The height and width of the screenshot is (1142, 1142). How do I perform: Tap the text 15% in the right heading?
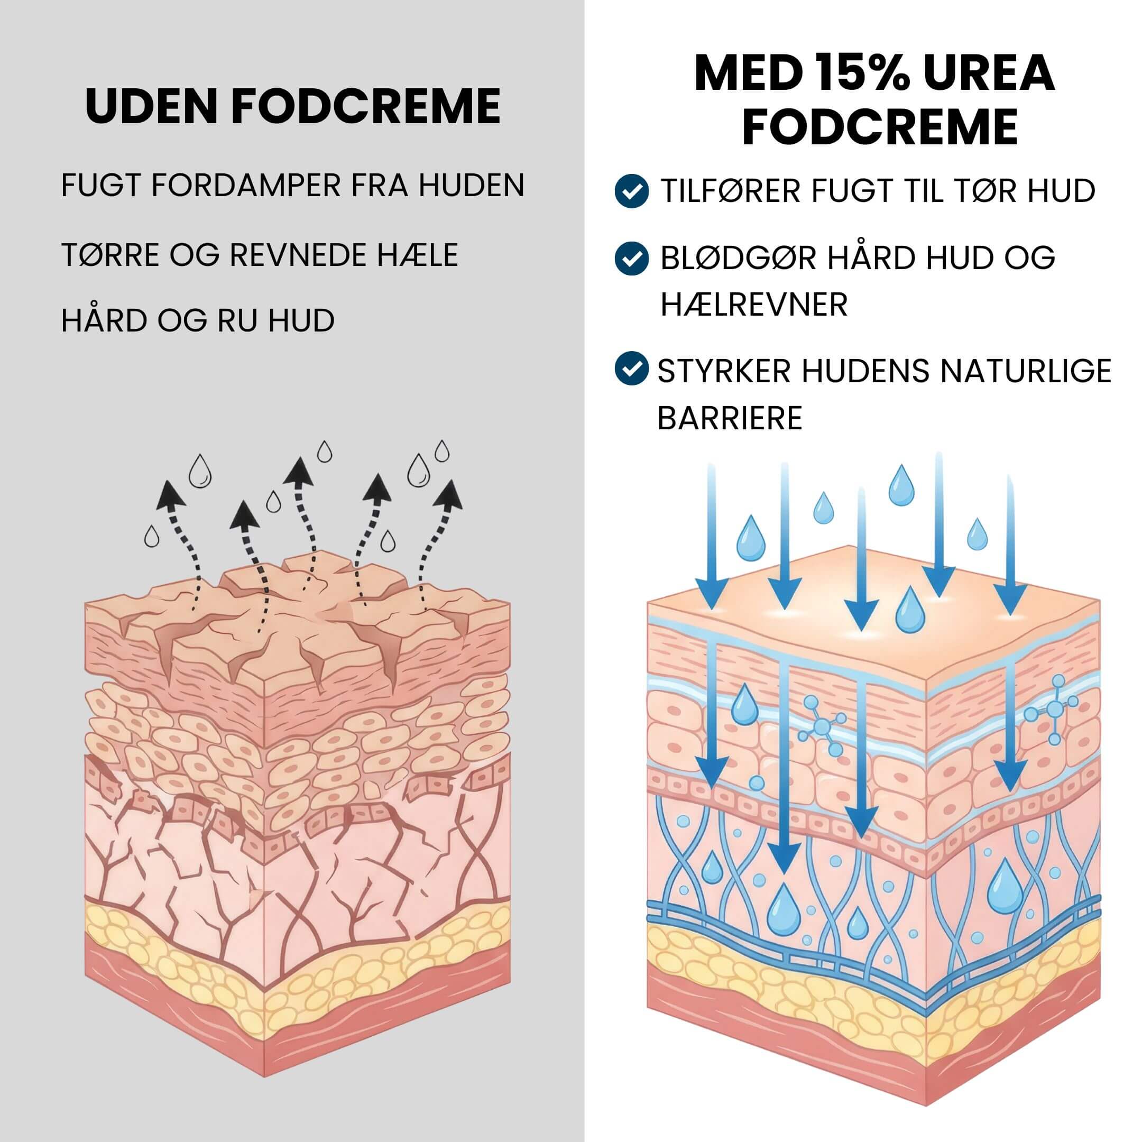[850, 73]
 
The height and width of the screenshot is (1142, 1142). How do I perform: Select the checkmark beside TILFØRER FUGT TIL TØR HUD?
[632, 190]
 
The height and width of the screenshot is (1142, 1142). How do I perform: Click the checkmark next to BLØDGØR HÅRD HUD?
[632, 257]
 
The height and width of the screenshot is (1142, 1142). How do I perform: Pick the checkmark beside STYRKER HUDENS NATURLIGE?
[632, 369]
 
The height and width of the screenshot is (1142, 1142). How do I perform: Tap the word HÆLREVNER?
[753, 305]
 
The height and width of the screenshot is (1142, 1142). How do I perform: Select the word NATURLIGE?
[1026, 371]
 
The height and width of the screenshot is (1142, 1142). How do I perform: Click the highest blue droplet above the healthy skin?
[901, 485]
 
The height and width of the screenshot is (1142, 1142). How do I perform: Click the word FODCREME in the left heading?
[366, 106]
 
